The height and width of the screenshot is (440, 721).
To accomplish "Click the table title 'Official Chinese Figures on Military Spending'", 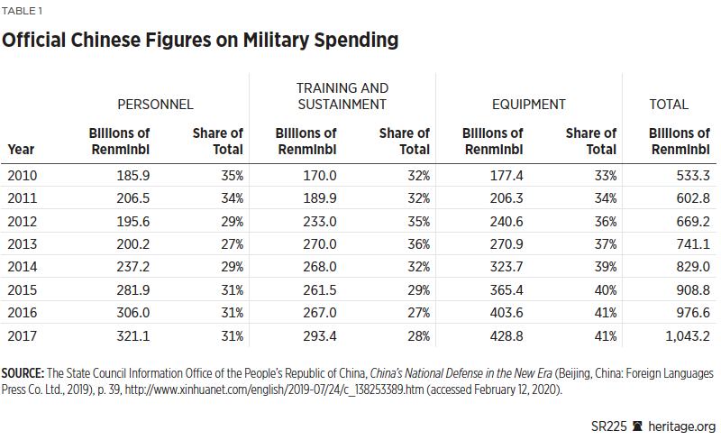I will pos(201,40).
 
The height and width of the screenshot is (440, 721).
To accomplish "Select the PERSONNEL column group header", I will pos(155,105).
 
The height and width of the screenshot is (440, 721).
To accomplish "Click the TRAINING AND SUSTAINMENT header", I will pos(342,96).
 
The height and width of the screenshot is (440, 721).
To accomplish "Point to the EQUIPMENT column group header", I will pos(529,105).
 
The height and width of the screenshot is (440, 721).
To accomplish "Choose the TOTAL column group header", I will pos(669,105).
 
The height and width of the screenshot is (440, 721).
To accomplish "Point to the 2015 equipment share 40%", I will pos(604,290).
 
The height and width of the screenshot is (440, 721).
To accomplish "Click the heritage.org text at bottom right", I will pos(680,425).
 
